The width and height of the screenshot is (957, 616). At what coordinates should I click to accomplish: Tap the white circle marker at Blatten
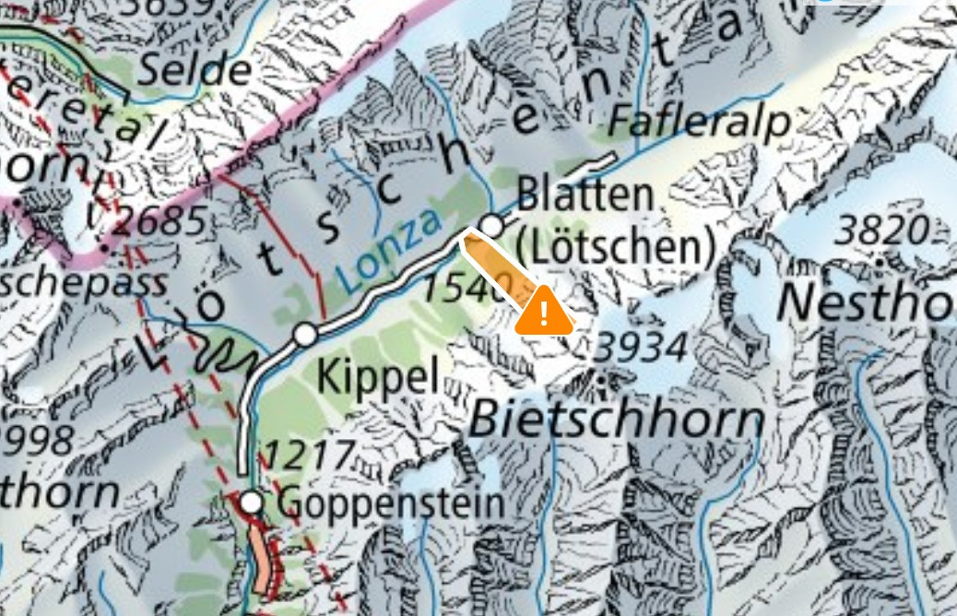click(492, 225)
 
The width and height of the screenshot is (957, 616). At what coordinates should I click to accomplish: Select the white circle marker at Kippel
click(306, 334)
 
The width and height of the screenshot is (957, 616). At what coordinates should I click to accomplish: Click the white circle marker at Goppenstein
click(251, 503)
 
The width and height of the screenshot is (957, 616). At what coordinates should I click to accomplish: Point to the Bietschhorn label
click(617, 421)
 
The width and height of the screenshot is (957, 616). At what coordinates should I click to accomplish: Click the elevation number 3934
click(641, 348)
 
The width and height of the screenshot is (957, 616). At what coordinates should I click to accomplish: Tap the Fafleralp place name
click(702, 120)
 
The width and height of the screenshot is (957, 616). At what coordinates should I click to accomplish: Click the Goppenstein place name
click(391, 503)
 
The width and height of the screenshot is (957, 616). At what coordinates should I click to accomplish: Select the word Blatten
click(585, 195)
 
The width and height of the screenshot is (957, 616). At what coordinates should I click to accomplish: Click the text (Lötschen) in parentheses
click(615, 247)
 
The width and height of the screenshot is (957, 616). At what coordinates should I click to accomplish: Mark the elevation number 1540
click(467, 289)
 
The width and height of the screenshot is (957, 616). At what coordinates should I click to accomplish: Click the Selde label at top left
click(195, 71)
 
